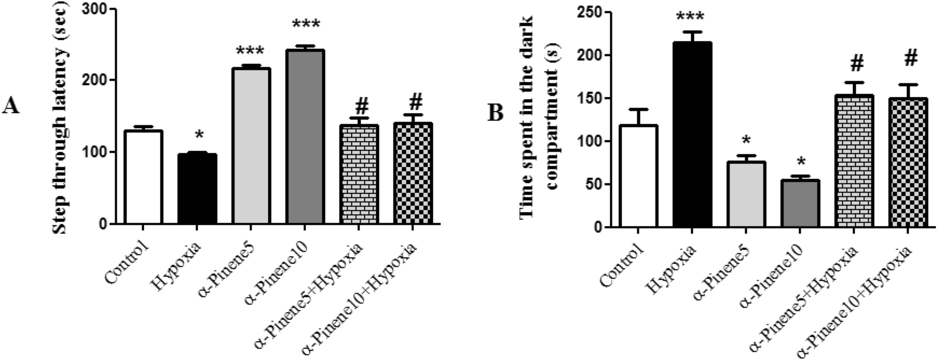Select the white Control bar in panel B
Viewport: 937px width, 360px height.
point(638,176)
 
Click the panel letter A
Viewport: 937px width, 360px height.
point(11,107)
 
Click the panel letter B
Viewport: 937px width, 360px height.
point(495,113)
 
